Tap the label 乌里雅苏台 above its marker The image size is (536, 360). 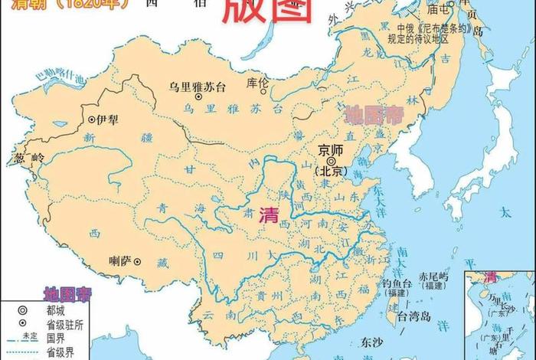(x=198, y=86)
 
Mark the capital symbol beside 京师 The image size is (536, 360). (x=331, y=162)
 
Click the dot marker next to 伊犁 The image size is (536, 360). (x=92, y=119)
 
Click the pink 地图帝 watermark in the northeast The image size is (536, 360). (x=374, y=115)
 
